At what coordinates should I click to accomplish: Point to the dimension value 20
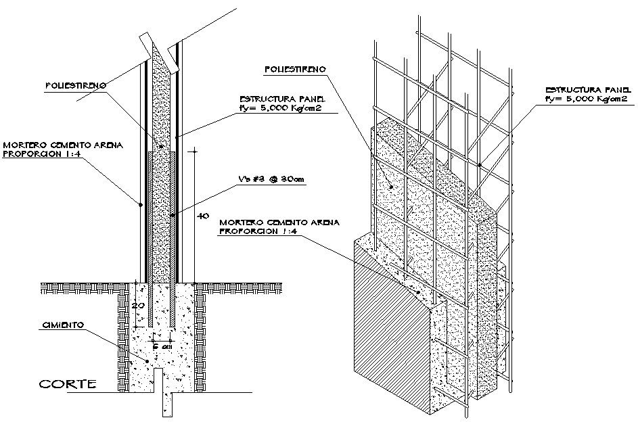[137, 306]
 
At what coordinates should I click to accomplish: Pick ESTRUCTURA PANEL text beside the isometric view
[587, 89]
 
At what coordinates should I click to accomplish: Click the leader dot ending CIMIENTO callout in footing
[146, 360]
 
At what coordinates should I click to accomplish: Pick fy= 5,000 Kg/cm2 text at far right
[587, 99]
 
